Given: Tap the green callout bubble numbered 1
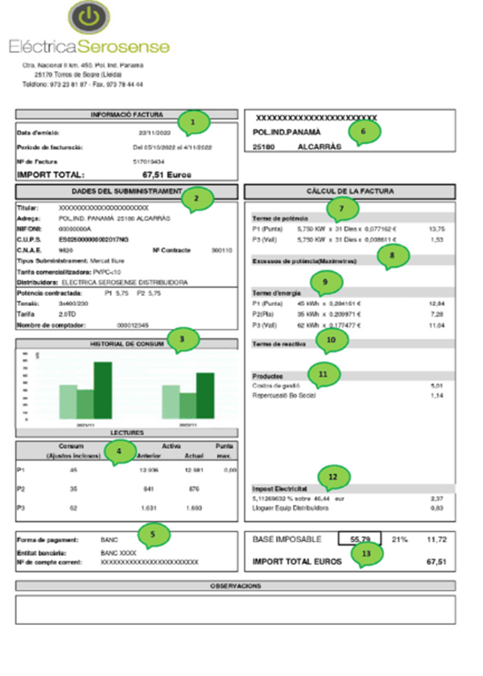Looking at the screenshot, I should [x=192, y=121].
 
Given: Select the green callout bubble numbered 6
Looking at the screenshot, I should [x=364, y=131].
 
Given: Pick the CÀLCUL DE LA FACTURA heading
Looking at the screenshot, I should [x=350, y=191].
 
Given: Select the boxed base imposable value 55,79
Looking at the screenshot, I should [x=359, y=540].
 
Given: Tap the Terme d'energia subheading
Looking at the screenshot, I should [x=274, y=293].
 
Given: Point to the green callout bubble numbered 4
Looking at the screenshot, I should [x=120, y=451].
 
